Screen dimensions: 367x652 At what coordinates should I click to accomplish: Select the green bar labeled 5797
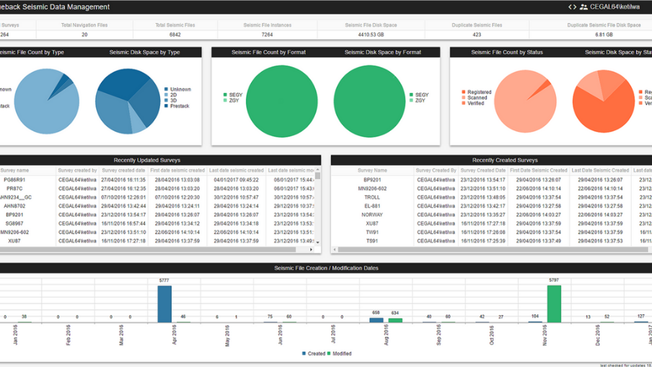point(554,303)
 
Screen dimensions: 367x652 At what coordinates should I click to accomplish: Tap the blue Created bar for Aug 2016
point(376,319)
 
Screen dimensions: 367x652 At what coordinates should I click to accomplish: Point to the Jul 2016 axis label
point(334,337)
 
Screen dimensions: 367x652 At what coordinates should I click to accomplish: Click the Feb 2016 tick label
point(69,337)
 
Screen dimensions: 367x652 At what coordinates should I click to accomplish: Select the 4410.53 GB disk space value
point(371,34)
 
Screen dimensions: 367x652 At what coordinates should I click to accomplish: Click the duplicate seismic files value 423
point(477,34)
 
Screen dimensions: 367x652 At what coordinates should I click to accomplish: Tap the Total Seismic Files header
point(175,25)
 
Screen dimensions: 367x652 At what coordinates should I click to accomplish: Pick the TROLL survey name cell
point(372,197)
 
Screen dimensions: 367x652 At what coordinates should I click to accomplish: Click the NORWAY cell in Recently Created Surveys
point(372,215)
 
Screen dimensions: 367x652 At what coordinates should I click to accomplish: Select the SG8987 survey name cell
point(14,223)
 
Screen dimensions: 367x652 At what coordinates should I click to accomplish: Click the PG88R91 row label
point(14,180)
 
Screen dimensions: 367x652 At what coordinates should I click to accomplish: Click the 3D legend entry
point(174,100)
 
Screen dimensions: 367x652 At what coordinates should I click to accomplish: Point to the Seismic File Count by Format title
point(268,52)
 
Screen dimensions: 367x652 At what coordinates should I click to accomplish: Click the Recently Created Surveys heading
point(504,160)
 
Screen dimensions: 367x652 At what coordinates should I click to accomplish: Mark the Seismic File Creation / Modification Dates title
point(326,268)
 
